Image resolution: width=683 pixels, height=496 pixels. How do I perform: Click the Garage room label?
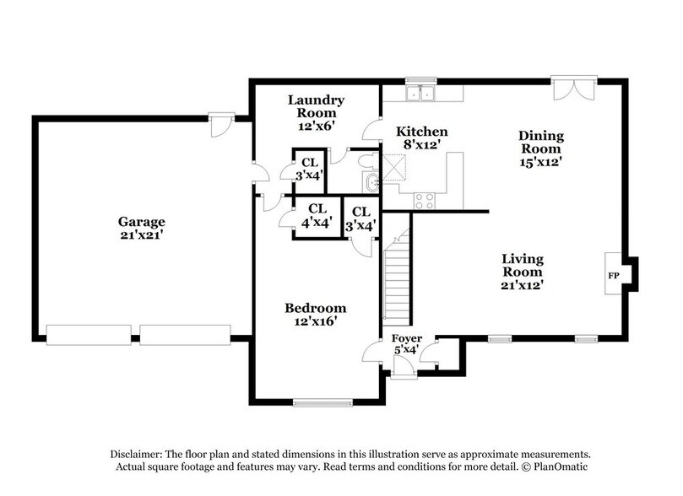(141, 229)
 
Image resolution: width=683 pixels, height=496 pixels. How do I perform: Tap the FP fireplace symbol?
(614, 276)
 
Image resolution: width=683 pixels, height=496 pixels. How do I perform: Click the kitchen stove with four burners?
(422, 201)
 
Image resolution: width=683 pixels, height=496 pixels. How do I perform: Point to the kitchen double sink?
(420, 94)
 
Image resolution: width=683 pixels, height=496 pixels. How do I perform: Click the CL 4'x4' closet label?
(317, 215)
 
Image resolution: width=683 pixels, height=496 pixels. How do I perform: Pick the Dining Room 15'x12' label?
(540, 148)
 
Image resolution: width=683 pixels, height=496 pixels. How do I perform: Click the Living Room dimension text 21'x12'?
(522, 285)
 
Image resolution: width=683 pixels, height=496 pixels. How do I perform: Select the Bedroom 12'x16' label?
(315, 314)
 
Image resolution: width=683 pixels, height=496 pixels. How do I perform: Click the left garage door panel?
(90, 336)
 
